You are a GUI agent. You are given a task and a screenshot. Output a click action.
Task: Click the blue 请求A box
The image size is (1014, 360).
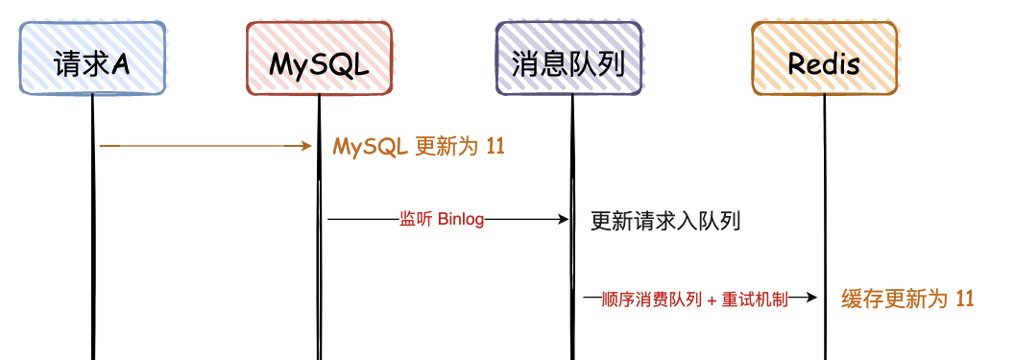93,60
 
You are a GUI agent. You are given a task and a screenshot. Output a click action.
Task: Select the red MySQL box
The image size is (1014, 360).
319,60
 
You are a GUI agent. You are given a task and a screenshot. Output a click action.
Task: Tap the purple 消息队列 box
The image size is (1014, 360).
569,60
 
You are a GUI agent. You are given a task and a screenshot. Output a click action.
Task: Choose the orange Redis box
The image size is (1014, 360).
824,60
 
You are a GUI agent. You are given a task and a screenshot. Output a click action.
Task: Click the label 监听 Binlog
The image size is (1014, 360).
441,220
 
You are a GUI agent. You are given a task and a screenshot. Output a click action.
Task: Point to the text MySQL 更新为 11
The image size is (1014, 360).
419,147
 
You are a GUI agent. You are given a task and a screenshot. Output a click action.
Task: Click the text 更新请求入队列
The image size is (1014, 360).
665,222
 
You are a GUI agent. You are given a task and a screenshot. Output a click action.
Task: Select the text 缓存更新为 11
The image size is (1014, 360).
907,299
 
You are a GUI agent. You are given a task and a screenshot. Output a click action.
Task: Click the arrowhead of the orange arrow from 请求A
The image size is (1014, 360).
307,146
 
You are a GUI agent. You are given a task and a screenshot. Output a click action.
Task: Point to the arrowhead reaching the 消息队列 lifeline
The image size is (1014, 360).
564,220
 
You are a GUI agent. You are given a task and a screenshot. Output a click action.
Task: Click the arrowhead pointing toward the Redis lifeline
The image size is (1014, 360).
811,299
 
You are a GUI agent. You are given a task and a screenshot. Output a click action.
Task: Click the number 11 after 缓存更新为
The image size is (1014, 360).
964,299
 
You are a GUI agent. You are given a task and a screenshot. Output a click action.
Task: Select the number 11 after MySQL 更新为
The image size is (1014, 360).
495,147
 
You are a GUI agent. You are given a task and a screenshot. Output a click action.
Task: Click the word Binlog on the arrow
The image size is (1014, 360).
460,220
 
